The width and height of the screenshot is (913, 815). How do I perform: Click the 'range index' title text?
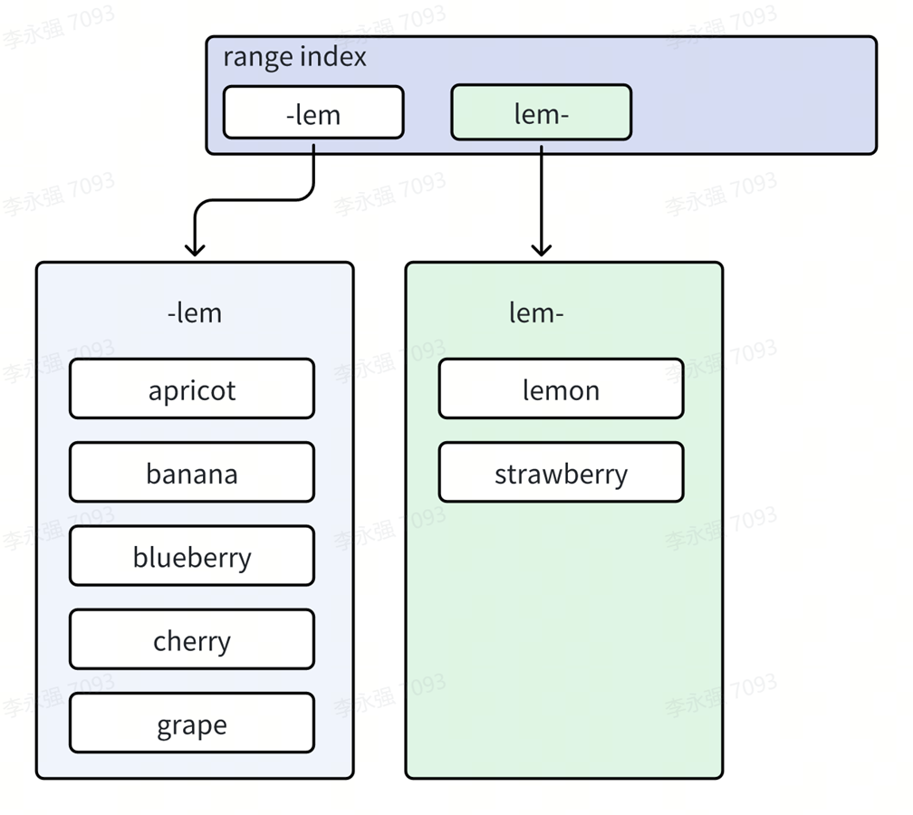point(294,58)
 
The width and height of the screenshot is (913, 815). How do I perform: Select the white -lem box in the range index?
point(313,112)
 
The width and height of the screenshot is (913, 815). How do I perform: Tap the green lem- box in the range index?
point(542,112)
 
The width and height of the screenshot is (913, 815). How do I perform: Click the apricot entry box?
point(192,388)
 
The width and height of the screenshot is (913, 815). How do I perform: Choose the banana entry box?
point(192,472)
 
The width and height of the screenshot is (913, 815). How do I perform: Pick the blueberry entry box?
point(192,556)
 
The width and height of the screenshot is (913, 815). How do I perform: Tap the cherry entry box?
point(192,639)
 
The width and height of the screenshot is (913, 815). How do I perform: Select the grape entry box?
point(192,723)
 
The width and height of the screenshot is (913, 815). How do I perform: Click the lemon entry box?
point(562,388)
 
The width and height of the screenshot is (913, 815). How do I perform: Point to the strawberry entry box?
point(562,472)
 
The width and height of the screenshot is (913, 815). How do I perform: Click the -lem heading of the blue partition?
point(195,313)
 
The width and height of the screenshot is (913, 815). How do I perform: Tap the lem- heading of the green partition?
point(536,313)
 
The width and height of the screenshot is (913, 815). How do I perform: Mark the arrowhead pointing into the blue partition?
point(195,250)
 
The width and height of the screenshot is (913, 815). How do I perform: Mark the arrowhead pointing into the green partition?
point(542,250)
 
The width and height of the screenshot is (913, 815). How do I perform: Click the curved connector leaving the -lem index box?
point(256,200)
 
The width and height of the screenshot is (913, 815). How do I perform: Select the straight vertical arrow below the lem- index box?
point(542,201)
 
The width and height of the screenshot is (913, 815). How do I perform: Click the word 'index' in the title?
point(333,57)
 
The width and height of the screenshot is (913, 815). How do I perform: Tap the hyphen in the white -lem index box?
point(291,118)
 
